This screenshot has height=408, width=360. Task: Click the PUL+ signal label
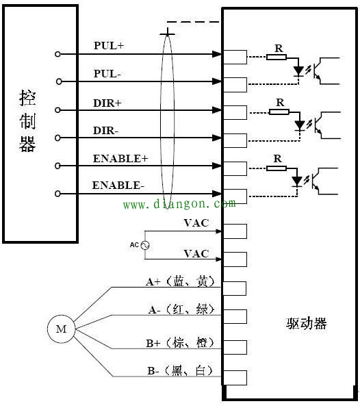(x=108, y=46)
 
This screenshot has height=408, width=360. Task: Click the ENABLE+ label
(x=120, y=158)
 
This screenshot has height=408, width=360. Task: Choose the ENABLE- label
(x=118, y=185)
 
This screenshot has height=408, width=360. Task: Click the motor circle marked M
(x=61, y=329)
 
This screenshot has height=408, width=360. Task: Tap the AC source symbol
(x=144, y=244)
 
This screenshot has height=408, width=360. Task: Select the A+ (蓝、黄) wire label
(x=181, y=281)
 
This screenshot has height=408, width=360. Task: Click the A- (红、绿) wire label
(x=181, y=310)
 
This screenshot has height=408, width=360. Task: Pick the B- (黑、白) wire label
(x=181, y=371)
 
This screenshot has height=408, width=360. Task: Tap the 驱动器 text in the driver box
(x=306, y=324)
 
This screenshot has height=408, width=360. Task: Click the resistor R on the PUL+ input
(x=277, y=56)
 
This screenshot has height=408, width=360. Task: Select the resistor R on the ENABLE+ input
(x=277, y=166)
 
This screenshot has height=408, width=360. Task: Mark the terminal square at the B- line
(x=235, y=377)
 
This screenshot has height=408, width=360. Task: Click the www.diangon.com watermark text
(x=179, y=203)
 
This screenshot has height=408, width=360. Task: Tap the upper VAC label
(x=196, y=222)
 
